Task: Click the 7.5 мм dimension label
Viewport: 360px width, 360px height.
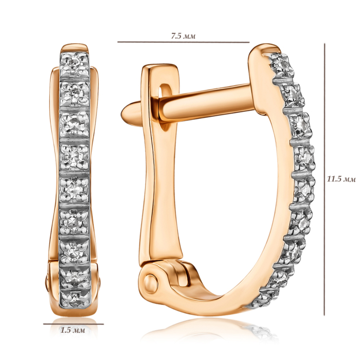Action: point(183,36)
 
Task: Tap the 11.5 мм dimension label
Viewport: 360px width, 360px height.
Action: point(341,179)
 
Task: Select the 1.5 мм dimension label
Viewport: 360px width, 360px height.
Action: point(73,330)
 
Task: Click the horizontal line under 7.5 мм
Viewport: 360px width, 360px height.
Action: point(183,42)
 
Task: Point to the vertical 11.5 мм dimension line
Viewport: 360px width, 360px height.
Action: point(325,179)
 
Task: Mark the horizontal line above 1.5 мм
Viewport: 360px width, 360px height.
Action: point(73,324)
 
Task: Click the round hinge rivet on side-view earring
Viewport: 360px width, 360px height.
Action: point(151,281)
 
